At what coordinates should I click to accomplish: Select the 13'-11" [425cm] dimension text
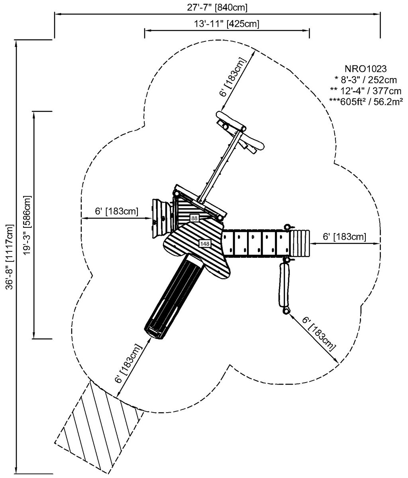(227, 24)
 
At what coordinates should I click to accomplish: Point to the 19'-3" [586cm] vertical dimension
(27, 224)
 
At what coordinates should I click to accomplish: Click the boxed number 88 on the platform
(194, 218)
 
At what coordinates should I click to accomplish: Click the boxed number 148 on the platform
(204, 243)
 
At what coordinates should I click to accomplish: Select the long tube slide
(174, 295)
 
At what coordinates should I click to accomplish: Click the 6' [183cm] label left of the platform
(116, 211)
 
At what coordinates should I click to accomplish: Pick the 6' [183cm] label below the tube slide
(128, 363)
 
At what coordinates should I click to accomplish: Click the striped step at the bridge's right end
(299, 243)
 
